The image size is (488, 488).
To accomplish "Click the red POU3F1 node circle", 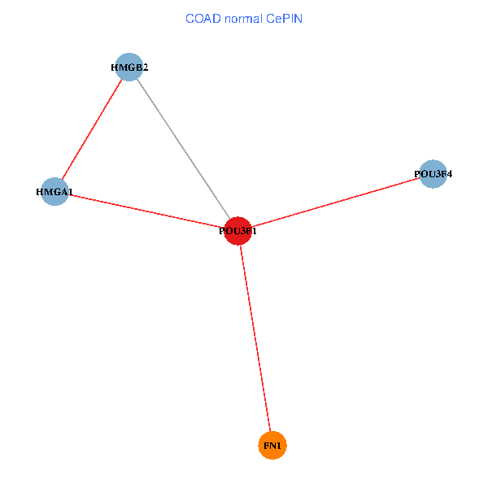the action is pyautogui.click(x=237, y=231).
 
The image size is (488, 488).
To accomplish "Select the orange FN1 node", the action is pyautogui.click(x=272, y=446).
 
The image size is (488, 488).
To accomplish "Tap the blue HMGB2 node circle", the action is pyautogui.click(x=129, y=68).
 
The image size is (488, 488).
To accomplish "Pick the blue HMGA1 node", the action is pyautogui.click(x=54, y=192).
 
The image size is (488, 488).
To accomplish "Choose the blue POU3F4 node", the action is pyautogui.click(x=433, y=174).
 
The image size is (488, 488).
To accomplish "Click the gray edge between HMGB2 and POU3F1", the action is pyautogui.click(x=184, y=149).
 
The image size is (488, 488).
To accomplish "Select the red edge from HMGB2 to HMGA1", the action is pyautogui.click(x=92, y=129).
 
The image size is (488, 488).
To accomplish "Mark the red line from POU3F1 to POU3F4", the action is pyautogui.click(x=335, y=203).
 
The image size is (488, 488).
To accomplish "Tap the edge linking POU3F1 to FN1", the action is pyautogui.click(x=255, y=338).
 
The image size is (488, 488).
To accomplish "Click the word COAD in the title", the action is pyautogui.click(x=203, y=19).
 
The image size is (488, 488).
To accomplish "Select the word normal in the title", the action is pyautogui.click(x=243, y=19).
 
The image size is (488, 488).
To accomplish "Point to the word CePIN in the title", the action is pyautogui.click(x=284, y=19).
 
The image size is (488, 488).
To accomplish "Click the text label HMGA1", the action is pyautogui.click(x=54, y=192).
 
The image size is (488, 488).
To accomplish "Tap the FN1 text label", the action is pyautogui.click(x=272, y=446).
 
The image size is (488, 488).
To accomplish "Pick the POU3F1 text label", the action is pyautogui.click(x=237, y=231).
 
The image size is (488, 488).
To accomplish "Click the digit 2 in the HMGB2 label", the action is pyautogui.click(x=146, y=68).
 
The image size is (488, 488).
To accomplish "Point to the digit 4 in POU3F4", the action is pyautogui.click(x=449, y=174).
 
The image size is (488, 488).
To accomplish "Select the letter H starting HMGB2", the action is pyautogui.click(x=115, y=68).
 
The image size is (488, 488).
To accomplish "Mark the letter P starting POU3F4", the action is pyautogui.click(x=417, y=174).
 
